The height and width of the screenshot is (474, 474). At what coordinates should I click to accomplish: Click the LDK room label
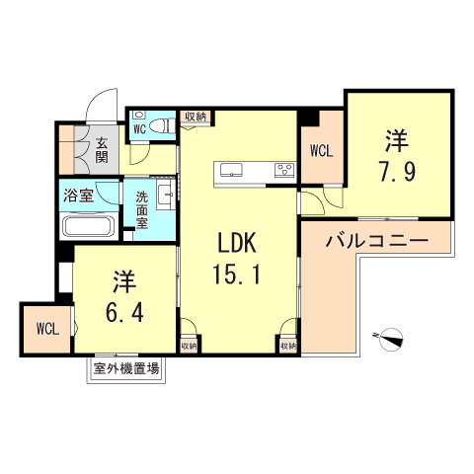pyautogui.click(x=238, y=242)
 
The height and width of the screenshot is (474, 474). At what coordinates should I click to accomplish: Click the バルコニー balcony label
pyautogui.click(x=375, y=241)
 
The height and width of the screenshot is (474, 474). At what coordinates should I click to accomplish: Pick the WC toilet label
pyautogui.click(x=139, y=126)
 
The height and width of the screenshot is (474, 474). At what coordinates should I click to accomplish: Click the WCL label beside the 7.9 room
pyautogui.click(x=320, y=151)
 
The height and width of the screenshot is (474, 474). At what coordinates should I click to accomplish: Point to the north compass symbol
pyautogui.click(x=392, y=338)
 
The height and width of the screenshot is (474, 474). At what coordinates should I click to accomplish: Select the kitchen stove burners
pyautogui.click(x=284, y=169)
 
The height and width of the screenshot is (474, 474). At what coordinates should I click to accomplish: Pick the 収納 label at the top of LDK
pyautogui.click(x=196, y=117)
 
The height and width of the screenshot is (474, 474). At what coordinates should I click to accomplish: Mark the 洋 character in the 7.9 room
pyautogui.click(x=395, y=139)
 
